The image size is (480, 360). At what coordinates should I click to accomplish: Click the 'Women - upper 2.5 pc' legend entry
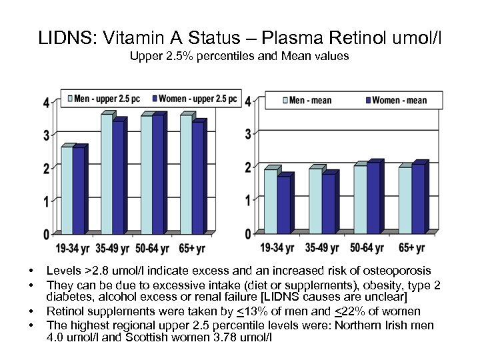[x=194, y=99]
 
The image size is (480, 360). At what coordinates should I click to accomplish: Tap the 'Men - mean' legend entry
[x=309, y=101]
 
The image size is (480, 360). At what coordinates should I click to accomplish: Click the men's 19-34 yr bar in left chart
[x=67, y=190]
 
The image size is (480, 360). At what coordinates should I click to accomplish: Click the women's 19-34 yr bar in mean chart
[x=283, y=205]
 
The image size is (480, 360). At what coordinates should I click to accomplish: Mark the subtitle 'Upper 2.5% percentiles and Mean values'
[x=239, y=56]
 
